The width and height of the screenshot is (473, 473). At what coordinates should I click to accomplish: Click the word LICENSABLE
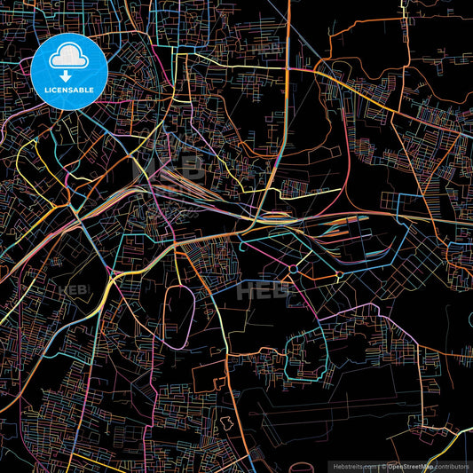tap(68, 90)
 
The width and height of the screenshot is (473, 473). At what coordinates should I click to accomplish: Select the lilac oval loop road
tap(181, 314)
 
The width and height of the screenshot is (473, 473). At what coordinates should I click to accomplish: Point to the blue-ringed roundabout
tap(293, 267)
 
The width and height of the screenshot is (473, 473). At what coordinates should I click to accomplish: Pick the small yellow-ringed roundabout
tap(338, 276)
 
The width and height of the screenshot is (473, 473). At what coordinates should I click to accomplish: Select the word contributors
tap(453, 465)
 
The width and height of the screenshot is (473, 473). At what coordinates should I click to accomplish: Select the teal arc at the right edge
tap(469, 321)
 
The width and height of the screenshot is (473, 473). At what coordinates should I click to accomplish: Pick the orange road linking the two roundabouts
tap(316, 272)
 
